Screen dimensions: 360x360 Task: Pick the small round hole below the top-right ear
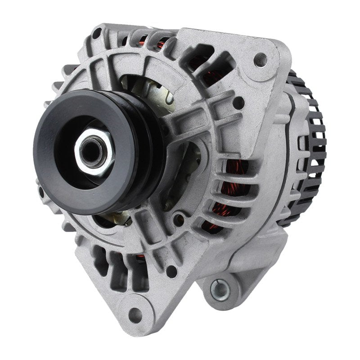click(239, 103)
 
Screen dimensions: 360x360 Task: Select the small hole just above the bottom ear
click(171, 271)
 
